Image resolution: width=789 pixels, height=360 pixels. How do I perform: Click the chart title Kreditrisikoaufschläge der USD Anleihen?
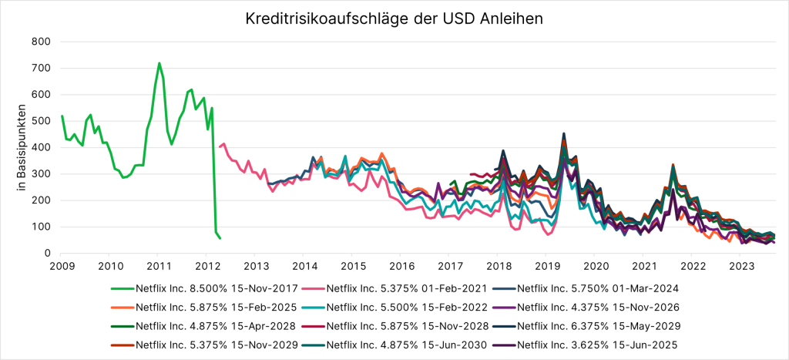coord(394,16)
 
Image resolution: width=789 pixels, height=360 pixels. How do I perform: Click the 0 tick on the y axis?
coord(46,253)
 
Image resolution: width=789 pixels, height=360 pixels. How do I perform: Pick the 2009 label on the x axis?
coord(62,267)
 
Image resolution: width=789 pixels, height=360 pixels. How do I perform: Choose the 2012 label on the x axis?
coord(206,267)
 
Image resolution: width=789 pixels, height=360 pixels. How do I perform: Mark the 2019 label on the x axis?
coord(543,267)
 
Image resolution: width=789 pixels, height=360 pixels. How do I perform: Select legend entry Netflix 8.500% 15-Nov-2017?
coord(202,288)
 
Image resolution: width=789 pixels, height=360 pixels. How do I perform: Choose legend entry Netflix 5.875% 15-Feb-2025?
coord(202,307)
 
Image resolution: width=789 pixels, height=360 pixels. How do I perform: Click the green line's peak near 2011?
coord(159,63)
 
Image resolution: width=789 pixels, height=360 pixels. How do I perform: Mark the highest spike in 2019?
coord(564,133)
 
